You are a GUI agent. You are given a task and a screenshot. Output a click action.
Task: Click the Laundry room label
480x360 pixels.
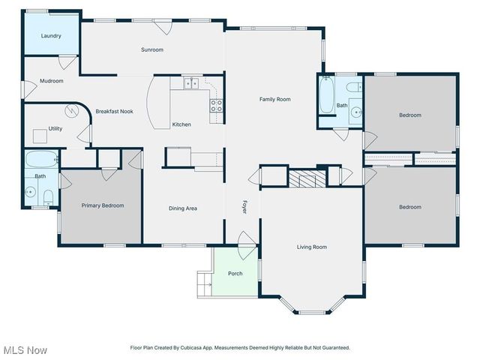pyautogui.click(x=51, y=36)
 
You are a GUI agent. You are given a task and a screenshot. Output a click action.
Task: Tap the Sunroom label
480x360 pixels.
pyautogui.click(x=152, y=50)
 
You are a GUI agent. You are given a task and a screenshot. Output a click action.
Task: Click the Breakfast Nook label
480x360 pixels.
pyautogui.click(x=114, y=112)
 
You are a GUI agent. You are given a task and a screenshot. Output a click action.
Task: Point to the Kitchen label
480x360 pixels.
pyautogui.click(x=181, y=124)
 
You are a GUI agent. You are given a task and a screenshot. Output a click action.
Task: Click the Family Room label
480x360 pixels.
pyautogui.click(x=274, y=99)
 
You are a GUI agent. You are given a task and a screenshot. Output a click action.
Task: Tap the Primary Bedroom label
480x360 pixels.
pyautogui.click(x=103, y=205)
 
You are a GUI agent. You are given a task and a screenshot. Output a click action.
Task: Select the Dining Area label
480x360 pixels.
pyautogui.click(x=182, y=208)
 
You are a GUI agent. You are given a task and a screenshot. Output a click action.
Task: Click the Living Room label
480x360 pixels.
pyautogui.click(x=312, y=247)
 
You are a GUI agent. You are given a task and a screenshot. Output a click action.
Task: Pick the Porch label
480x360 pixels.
pyautogui.click(x=235, y=274)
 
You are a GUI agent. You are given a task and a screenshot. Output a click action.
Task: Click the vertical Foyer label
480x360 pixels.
pyautogui.click(x=244, y=207)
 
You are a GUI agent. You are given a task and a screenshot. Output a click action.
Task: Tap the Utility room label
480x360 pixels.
pyautogui.click(x=55, y=129)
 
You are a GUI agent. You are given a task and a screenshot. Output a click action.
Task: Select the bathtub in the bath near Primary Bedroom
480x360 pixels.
pyautogui.click(x=41, y=160)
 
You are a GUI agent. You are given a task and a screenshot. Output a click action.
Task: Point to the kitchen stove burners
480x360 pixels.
pyautogui.click(x=217, y=106)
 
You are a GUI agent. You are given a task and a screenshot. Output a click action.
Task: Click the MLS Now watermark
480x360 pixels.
pyautogui.click(x=25, y=350)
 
